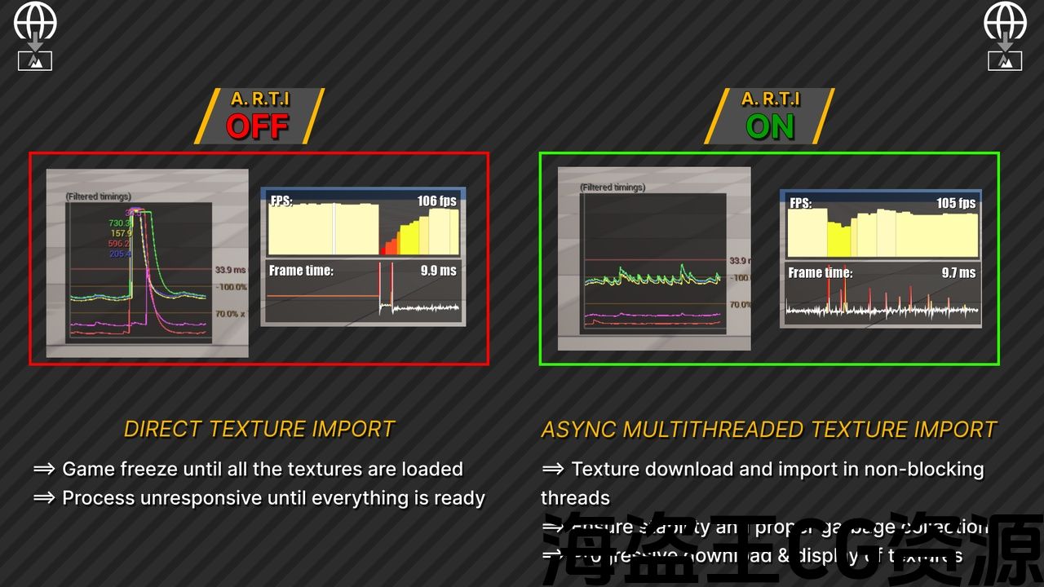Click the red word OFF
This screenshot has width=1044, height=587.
point(257,126)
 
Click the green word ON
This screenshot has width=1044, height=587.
point(770,127)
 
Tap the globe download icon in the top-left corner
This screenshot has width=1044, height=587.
point(35,35)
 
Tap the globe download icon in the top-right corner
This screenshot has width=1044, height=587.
point(1005,35)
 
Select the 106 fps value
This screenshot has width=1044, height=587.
point(437,201)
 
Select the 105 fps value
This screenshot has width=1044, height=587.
point(956,203)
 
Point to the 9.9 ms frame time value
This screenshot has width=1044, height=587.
point(439,271)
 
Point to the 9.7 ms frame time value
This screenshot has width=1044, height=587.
point(958,272)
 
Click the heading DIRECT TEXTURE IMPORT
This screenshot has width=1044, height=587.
point(259,429)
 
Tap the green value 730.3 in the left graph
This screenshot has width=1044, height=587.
point(120,223)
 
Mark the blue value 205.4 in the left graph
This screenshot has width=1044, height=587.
point(120,254)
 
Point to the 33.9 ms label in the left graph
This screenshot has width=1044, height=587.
point(230,270)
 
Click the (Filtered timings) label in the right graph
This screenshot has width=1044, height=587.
point(613,188)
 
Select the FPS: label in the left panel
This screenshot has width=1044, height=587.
point(281,201)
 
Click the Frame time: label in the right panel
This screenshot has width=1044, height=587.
point(820,273)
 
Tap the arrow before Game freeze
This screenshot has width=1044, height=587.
point(44,469)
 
